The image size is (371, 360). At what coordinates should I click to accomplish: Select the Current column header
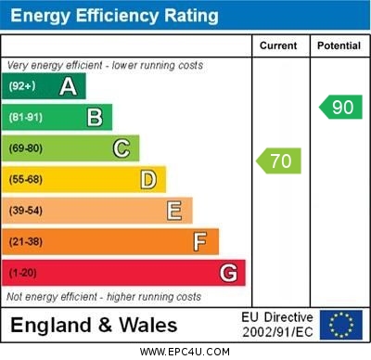click(278, 45)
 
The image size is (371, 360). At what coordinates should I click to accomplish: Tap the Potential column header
click(339, 45)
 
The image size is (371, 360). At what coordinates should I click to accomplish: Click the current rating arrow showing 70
click(279, 161)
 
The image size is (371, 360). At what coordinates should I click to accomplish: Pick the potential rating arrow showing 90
click(341, 107)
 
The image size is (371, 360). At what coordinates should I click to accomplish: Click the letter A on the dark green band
click(68, 87)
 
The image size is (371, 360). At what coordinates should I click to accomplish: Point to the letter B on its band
click(95, 118)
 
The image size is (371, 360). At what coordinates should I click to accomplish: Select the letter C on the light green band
click(122, 148)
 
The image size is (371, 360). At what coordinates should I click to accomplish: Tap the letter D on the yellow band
click(148, 179)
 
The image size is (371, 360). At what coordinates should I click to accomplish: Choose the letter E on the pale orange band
click(174, 211)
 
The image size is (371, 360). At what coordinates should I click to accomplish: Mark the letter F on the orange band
click(199, 242)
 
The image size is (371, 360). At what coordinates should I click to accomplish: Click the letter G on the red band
click(228, 273)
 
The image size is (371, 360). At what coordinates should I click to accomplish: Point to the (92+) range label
click(22, 87)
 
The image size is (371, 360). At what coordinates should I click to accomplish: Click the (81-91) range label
click(26, 118)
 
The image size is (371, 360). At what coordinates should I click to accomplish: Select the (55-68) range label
click(26, 180)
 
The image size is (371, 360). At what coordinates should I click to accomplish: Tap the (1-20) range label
click(23, 274)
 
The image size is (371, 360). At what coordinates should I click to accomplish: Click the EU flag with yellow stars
click(341, 325)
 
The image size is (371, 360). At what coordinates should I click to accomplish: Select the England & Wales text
click(94, 326)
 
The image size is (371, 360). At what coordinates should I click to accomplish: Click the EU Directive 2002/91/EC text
click(277, 325)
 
